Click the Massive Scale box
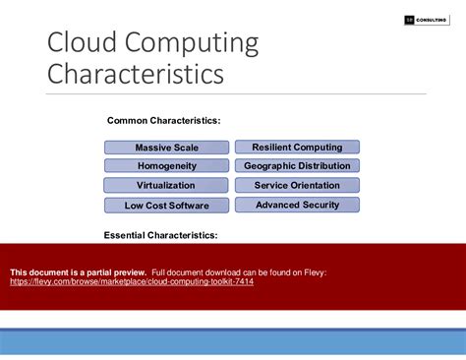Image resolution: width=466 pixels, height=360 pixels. click(x=166, y=148)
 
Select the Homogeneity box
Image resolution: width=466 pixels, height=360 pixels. click(x=166, y=166)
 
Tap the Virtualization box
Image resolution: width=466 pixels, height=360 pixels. click(x=166, y=185)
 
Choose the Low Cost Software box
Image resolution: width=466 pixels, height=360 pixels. click(x=166, y=206)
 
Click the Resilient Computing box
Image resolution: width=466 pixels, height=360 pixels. click(x=297, y=147)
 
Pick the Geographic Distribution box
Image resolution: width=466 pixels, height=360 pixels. click(x=297, y=166)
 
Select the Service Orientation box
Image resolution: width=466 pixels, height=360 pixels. click(x=297, y=185)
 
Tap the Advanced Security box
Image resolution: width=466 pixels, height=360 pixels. click(x=297, y=205)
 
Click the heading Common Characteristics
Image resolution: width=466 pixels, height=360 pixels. click(x=163, y=120)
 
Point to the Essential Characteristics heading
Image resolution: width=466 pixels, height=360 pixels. click(x=160, y=235)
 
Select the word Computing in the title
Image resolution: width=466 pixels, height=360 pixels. click(x=193, y=45)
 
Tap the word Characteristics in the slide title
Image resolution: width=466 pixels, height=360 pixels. click(x=136, y=75)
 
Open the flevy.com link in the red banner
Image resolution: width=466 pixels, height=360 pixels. click(x=132, y=281)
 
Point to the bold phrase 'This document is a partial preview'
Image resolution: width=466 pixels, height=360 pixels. click(x=78, y=271)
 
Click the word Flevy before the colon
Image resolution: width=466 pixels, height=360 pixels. click(x=314, y=271)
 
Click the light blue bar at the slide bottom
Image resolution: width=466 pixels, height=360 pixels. click(x=233, y=341)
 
